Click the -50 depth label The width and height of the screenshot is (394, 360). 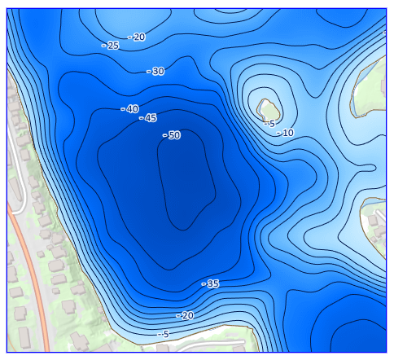[x=172, y=135]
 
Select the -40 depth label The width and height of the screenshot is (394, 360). [x=129, y=109]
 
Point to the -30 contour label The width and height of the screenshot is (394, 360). [x=155, y=72]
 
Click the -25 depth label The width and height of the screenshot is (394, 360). [x=111, y=46]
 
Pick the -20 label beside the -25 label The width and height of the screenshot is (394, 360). [x=137, y=37]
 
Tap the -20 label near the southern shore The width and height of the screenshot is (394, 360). [x=185, y=315]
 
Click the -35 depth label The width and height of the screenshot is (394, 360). [x=211, y=283]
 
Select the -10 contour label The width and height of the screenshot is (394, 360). [x=286, y=133]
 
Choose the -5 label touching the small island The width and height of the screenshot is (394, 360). [x=269, y=124]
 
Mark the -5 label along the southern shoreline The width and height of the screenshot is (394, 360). [x=164, y=334]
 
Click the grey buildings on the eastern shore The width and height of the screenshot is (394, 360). [x=374, y=220]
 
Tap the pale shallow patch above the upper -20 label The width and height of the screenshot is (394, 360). [x=122, y=16]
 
